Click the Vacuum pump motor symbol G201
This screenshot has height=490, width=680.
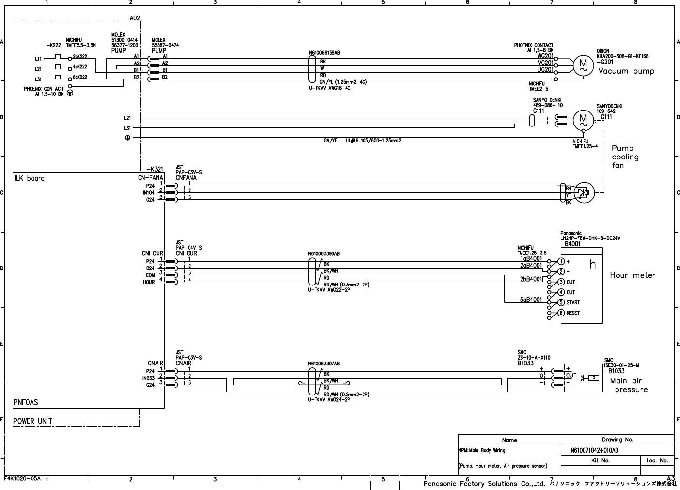[583, 64]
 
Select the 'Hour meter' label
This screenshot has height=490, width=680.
[632, 275]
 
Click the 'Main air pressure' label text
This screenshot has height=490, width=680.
[628, 385]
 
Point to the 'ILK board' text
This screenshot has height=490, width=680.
[29, 178]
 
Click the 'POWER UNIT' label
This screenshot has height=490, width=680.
[32, 421]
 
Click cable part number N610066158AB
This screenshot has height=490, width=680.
[324, 52]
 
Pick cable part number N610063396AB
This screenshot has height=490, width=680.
[324, 253]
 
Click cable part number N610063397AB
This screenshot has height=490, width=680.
[324, 363]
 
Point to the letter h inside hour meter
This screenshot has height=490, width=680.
[592, 265]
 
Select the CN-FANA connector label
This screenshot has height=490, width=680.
[150, 177]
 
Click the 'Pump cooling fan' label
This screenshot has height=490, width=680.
[625, 157]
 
